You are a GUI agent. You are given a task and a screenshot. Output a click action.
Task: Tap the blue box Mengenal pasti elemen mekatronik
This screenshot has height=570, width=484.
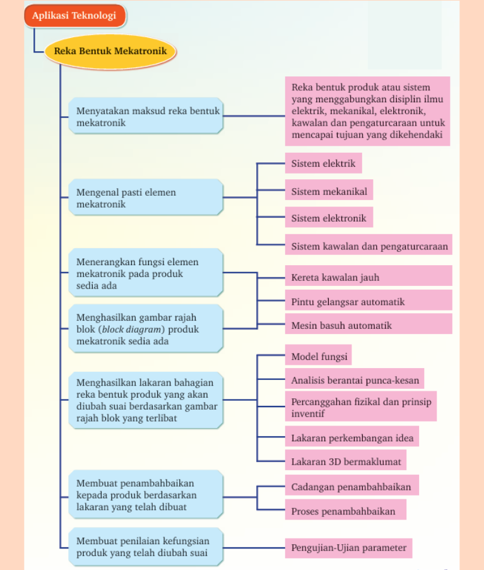(x=145, y=198)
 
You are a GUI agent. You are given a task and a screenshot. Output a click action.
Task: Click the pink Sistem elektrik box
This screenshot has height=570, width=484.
(x=323, y=163)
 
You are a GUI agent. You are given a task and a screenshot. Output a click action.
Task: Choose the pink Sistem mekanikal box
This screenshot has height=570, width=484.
(x=328, y=191)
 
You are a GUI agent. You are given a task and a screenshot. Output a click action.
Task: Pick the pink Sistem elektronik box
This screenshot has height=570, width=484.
(x=328, y=218)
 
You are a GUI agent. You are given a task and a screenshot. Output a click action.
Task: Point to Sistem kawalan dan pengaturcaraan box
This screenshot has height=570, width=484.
(x=369, y=246)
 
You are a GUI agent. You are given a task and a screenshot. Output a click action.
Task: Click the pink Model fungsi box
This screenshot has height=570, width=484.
(x=319, y=356)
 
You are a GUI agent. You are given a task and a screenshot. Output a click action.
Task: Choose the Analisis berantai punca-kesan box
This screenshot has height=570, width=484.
(x=354, y=380)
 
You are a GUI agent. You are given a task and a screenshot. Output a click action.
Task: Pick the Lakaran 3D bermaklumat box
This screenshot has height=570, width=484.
(x=346, y=461)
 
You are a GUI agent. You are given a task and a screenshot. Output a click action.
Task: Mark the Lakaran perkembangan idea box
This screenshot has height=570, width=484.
(x=351, y=437)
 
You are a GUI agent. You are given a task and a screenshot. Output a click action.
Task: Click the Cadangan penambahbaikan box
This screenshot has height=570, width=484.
(x=351, y=486)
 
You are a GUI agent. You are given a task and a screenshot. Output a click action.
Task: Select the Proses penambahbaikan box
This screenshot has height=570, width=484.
(x=344, y=511)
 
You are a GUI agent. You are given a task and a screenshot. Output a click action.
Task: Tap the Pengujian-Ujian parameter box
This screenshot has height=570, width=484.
(x=348, y=547)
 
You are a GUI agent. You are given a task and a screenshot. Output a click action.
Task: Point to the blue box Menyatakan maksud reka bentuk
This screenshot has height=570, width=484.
(x=145, y=117)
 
